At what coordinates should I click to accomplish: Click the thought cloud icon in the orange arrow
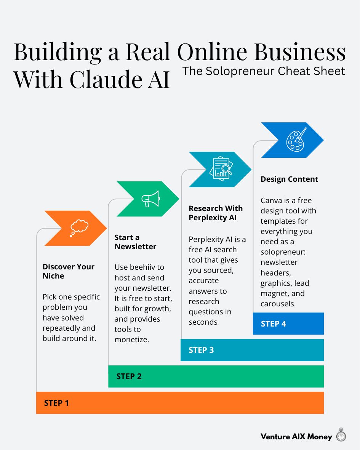point(79,228)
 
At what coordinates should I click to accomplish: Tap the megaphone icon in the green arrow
point(150,199)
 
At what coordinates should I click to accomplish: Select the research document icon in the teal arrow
point(221,169)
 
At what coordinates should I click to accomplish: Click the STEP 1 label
point(56,403)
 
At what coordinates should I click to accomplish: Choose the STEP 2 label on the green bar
point(129,376)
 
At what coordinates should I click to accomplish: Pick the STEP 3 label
point(201,350)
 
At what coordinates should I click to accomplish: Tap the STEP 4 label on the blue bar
point(273,324)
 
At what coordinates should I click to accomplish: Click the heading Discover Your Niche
point(68,271)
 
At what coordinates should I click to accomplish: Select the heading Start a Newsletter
point(135,242)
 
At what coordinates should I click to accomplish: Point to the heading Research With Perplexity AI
point(215,213)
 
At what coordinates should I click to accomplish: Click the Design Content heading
point(289,179)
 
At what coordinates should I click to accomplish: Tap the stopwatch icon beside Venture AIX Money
point(341,435)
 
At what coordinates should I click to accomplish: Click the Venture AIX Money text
point(296,437)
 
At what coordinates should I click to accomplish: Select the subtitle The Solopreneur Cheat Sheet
point(264,71)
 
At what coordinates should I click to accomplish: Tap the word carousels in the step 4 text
point(278,304)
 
